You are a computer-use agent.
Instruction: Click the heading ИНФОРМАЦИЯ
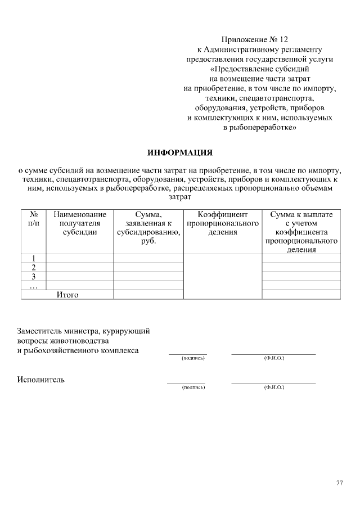coord(180,152)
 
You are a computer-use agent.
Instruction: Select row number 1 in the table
coord(33,259)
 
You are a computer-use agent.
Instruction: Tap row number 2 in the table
coord(33,267)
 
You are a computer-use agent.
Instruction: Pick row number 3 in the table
coord(33,276)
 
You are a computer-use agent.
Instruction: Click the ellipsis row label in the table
coord(33,285)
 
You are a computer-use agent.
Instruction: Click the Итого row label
coord(67,294)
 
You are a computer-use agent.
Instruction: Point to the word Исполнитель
coord(41,379)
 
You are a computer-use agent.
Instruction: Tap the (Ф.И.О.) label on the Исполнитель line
coord(274,388)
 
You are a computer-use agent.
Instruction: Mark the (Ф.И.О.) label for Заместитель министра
coord(274,358)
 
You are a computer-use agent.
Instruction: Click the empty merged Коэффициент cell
coord(222,276)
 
